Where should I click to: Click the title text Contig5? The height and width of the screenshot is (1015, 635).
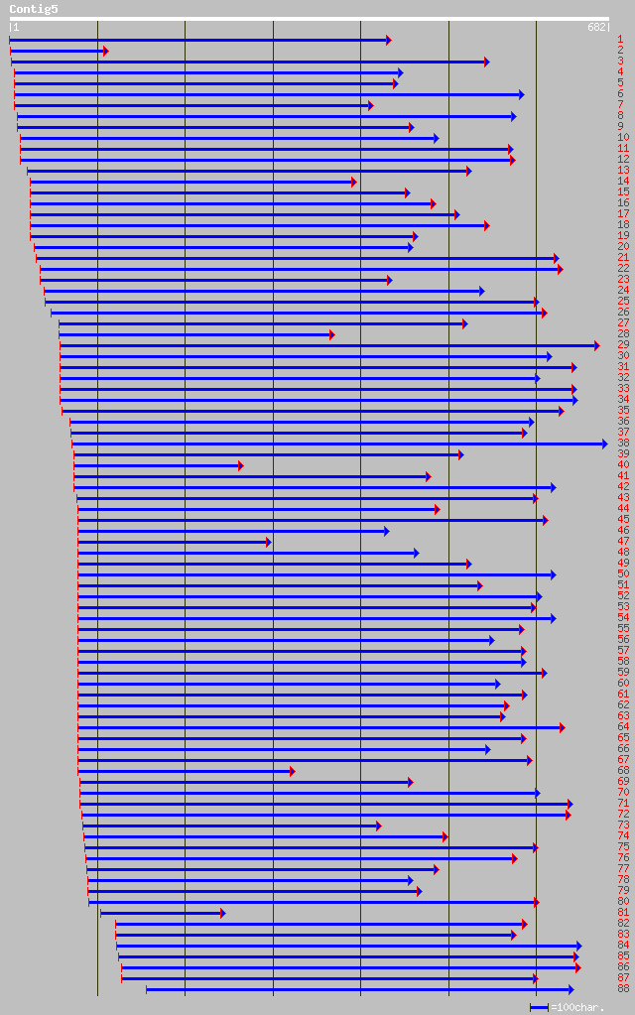[x=34, y=9]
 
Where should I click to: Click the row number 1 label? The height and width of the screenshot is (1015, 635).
[x=620, y=40]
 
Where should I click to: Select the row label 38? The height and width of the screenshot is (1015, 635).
[x=623, y=444]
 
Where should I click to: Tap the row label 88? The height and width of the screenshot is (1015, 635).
[x=623, y=989]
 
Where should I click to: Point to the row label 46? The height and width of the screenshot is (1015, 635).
[x=623, y=531]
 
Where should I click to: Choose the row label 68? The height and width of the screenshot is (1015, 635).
[x=623, y=771]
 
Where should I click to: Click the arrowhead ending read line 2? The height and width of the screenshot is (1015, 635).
[x=105, y=51]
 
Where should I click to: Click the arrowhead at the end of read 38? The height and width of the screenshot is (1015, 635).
[x=604, y=444]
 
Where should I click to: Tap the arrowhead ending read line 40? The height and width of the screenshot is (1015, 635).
[x=240, y=465]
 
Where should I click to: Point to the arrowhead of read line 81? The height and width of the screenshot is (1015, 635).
[x=222, y=913]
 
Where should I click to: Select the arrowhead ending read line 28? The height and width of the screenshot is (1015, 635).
[x=331, y=334]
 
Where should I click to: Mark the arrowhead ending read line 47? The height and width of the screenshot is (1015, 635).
[x=268, y=542]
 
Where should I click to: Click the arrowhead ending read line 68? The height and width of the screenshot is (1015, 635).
[x=292, y=771]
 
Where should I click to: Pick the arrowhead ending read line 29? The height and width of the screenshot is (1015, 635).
[x=596, y=345]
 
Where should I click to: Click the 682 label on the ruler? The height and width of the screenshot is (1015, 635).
[x=597, y=28]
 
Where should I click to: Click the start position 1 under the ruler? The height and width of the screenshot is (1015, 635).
[x=15, y=28]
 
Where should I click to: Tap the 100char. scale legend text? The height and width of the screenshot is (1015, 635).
[x=578, y=1007]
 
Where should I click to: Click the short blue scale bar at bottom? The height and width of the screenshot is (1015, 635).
[x=539, y=1007]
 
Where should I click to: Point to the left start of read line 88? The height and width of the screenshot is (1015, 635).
[x=147, y=989]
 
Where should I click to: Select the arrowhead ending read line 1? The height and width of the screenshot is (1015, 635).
[x=389, y=40]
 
